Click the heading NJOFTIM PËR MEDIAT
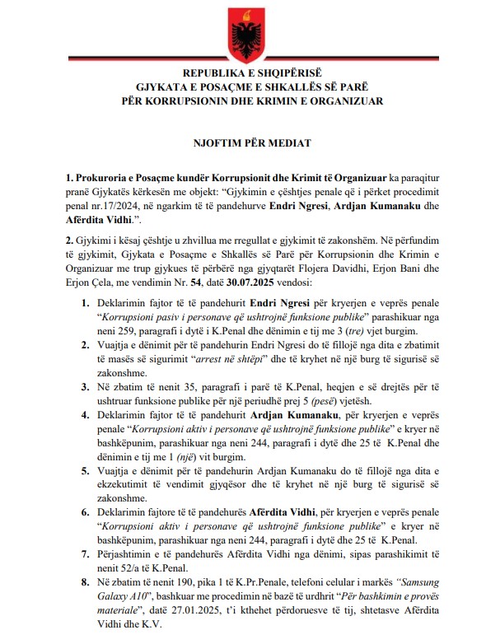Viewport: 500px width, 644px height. click(250, 142)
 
